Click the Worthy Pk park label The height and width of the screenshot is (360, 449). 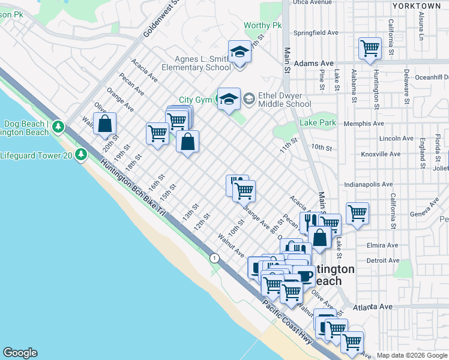click(262, 26)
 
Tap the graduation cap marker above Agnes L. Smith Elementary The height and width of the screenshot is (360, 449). click(240, 51)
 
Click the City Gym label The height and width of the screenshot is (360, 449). click(195, 100)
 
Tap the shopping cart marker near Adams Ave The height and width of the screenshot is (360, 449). click(370, 48)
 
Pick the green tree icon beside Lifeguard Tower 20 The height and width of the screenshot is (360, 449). click(81, 155)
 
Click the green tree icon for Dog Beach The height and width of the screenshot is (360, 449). click(58, 127)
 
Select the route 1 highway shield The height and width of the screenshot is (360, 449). click(214, 257)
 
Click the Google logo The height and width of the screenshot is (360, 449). click(20, 353)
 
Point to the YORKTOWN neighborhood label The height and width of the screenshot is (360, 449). click(416, 5)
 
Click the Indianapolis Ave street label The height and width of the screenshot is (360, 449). click(369, 185)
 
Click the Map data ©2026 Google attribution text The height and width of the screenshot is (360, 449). click(411, 355)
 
